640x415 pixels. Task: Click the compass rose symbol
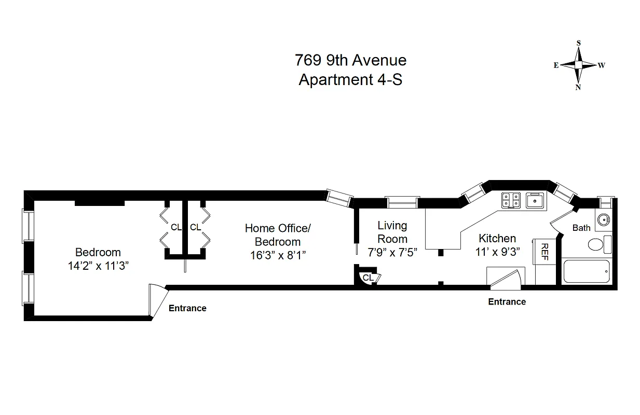click(578, 65)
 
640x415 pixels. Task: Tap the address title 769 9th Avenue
click(350, 60)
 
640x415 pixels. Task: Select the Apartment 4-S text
click(350, 80)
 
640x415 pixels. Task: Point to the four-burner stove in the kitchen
click(511, 200)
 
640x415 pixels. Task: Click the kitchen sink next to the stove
click(534, 200)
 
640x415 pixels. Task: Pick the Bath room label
click(581, 228)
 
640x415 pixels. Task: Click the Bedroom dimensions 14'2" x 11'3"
click(98, 266)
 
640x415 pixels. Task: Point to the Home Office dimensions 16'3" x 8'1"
click(278, 255)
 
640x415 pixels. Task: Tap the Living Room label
click(392, 232)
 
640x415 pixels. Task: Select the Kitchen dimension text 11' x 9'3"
click(497, 252)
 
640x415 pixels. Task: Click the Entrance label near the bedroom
click(187, 308)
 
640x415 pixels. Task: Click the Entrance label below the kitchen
click(507, 302)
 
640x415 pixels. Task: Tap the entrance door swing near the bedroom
click(156, 300)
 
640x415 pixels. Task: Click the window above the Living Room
click(402, 202)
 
